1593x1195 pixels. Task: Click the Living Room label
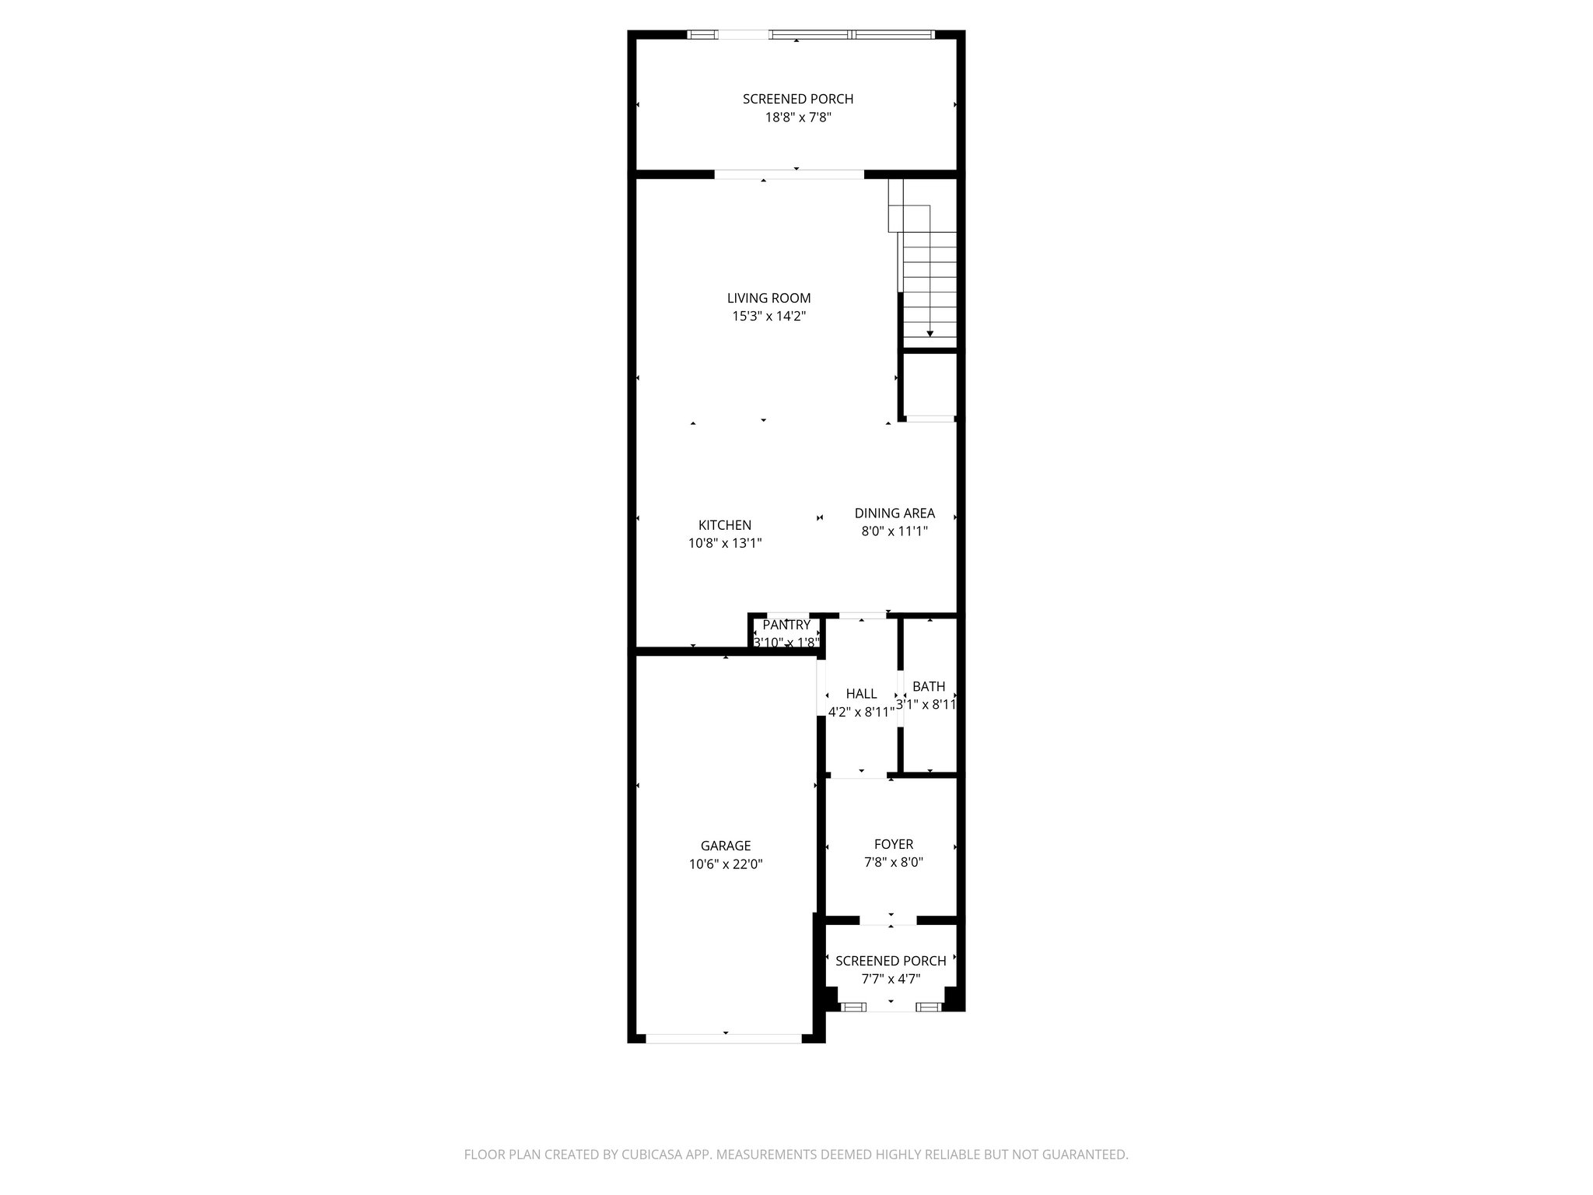pyautogui.click(x=768, y=298)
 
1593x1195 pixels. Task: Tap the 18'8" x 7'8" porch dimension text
pyautogui.click(x=797, y=117)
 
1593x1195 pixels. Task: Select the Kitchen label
pyautogui.click(x=724, y=525)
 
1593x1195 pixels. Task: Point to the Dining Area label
pyautogui.click(x=895, y=513)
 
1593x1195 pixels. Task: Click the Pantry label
pyautogui.click(x=786, y=625)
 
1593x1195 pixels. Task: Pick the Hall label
pyautogui.click(x=861, y=693)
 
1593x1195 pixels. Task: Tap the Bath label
pyautogui.click(x=929, y=686)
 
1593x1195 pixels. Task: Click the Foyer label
pyautogui.click(x=894, y=844)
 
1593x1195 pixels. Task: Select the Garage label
pyautogui.click(x=725, y=846)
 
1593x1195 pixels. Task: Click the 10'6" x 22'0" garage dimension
pyautogui.click(x=725, y=864)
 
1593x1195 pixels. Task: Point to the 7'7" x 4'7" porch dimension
pyautogui.click(x=891, y=979)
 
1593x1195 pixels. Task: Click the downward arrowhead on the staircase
pyautogui.click(x=930, y=334)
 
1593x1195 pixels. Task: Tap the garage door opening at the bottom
pyautogui.click(x=724, y=1038)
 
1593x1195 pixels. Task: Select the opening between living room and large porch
pyautogui.click(x=789, y=174)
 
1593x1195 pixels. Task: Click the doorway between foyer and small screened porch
pyautogui.click(x=889, y=921)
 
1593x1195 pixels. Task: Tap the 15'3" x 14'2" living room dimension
pyautogui.click(x=768, y=317)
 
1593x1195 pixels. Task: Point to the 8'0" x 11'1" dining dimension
pyautogui.click(x=895, y=531)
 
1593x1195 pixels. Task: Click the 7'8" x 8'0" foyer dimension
pyautogui.click(x=894, y=862)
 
